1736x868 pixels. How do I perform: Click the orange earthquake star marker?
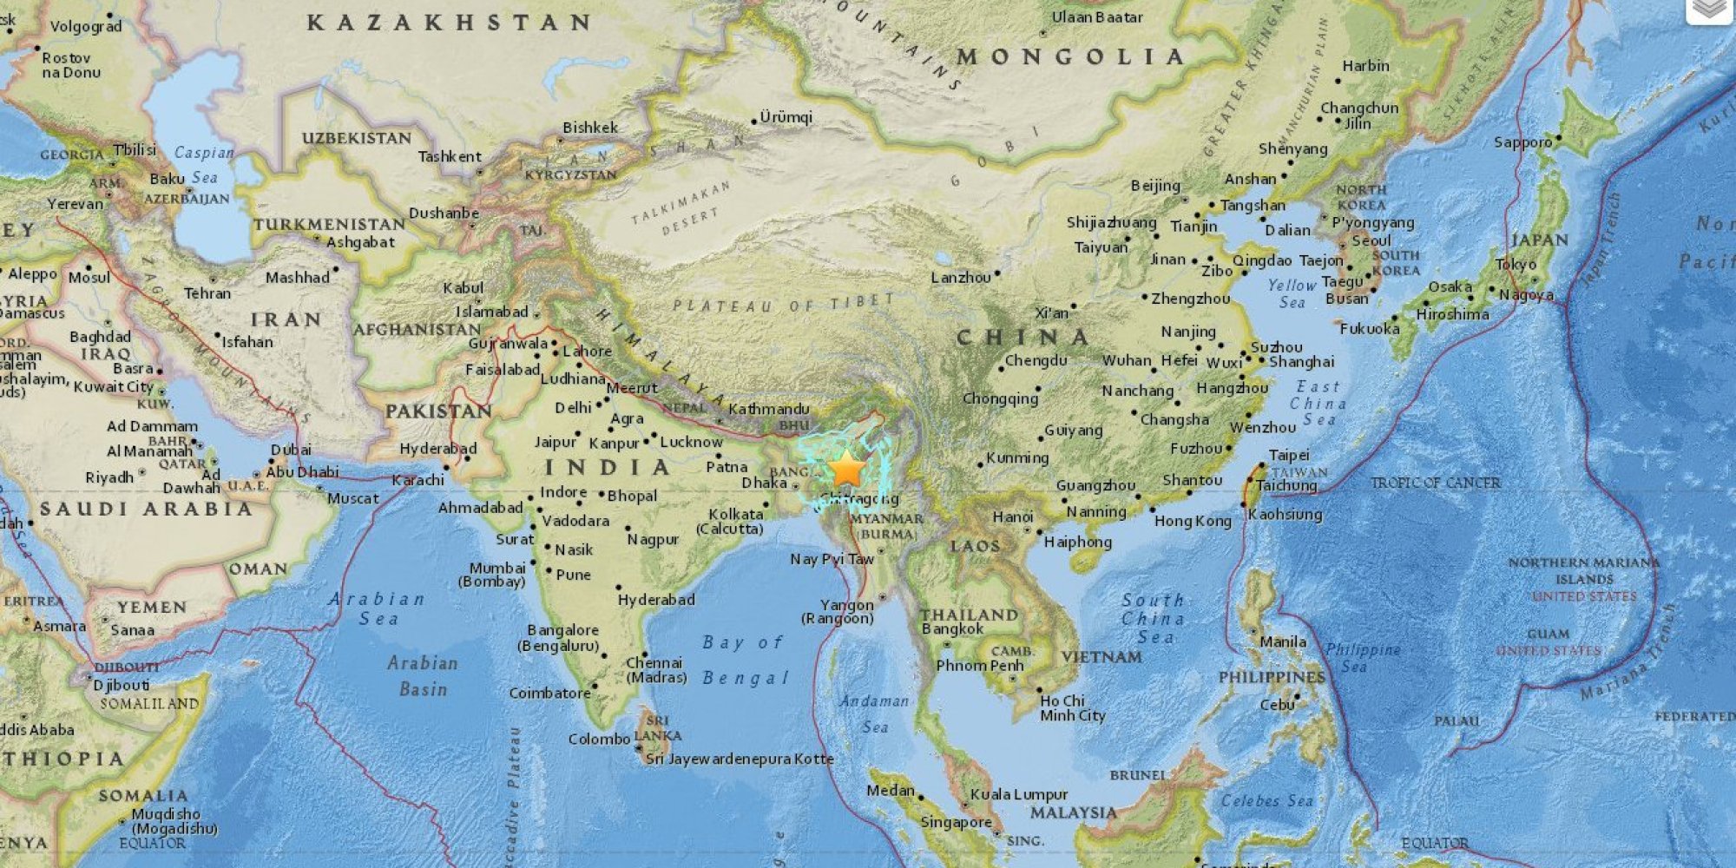[x=846, y=470]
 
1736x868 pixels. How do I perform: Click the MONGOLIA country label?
[x=1070, y=57]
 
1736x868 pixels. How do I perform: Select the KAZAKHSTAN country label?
[x=449, y=23]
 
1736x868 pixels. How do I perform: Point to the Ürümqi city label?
[x=786, y=117]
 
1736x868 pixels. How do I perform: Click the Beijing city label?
[x=1155, y=186]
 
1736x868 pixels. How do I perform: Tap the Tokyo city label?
[x=1516, y=265]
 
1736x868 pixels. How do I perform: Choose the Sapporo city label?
[x=1522, y=142]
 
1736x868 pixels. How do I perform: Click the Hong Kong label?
[x=1193, y=521]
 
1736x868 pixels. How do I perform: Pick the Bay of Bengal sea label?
[x=745, y=660]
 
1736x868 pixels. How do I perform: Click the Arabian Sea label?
[x=378, y=608]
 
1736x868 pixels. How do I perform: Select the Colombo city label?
[x=599, y=740]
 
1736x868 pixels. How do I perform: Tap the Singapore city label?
[x=956, y=822]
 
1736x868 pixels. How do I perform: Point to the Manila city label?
[x=1282, y=642]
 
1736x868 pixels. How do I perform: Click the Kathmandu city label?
[x=768, y=409]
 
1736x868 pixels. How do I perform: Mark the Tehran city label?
[x=207, y=294]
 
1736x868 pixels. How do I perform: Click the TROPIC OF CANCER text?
[x=1435, y=483]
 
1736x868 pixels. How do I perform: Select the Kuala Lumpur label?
[x=1018, y=794]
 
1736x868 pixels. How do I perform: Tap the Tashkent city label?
[x=449, y=157]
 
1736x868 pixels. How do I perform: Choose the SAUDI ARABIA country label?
[x=146, y=510]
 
